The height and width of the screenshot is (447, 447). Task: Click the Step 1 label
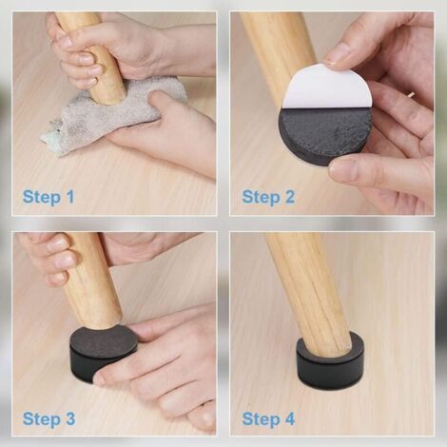[49, 197]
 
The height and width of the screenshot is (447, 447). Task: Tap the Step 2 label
[268, 197]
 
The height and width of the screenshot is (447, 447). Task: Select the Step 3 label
[49, 418]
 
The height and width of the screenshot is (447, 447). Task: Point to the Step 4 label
[268, 418]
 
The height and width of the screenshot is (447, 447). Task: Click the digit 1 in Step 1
[70, 197]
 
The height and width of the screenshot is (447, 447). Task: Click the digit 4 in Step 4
[289, 418]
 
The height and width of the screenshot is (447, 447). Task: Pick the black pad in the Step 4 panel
[330, 361]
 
